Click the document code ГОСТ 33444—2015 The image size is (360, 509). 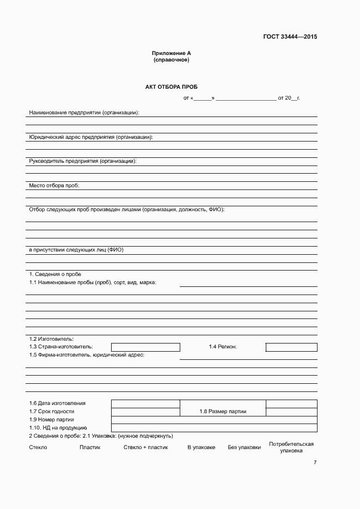pyautogui.click(x=290, y=37)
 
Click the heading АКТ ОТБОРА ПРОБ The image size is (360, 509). pyautogui.click(x=171, y=87)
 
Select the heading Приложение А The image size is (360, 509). pyautogui.click(x=171, y=53)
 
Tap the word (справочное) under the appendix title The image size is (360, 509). pyautogui.click(x=171, y=60)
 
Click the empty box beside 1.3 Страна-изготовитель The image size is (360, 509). pyautogui.click(x=145, y=347)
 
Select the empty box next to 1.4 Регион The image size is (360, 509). pyautogui.click(x=291, y=347)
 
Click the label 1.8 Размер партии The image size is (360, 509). pyautogui.click(x=223, y=412)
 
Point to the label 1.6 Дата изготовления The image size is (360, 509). pyautogui.click(x=57, y=403)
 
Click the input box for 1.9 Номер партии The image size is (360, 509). pyautogui.click(x=214, y=420)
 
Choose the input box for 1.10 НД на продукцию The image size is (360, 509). pyautogui.click(x=214, y=428)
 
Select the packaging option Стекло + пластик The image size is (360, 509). pyautogui.click(x=145, y=447)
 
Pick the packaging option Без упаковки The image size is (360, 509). pyautogui.click(x=245, y=447)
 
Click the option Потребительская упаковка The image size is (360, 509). pyautogui.click(x=291, y=447)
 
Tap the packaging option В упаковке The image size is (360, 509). pyautogui.click(x=202, y=447)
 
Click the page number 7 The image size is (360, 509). pyautogui.click(x=315, y=463)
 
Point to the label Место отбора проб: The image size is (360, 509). pyautogui.click(x=54, y=186)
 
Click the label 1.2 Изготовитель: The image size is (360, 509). pyautogui.click(x=51, y=339)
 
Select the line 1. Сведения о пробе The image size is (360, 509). pyautogui.click(x=55, y=274)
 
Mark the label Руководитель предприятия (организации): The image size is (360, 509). pyautogui.click(x=82, y=162)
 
